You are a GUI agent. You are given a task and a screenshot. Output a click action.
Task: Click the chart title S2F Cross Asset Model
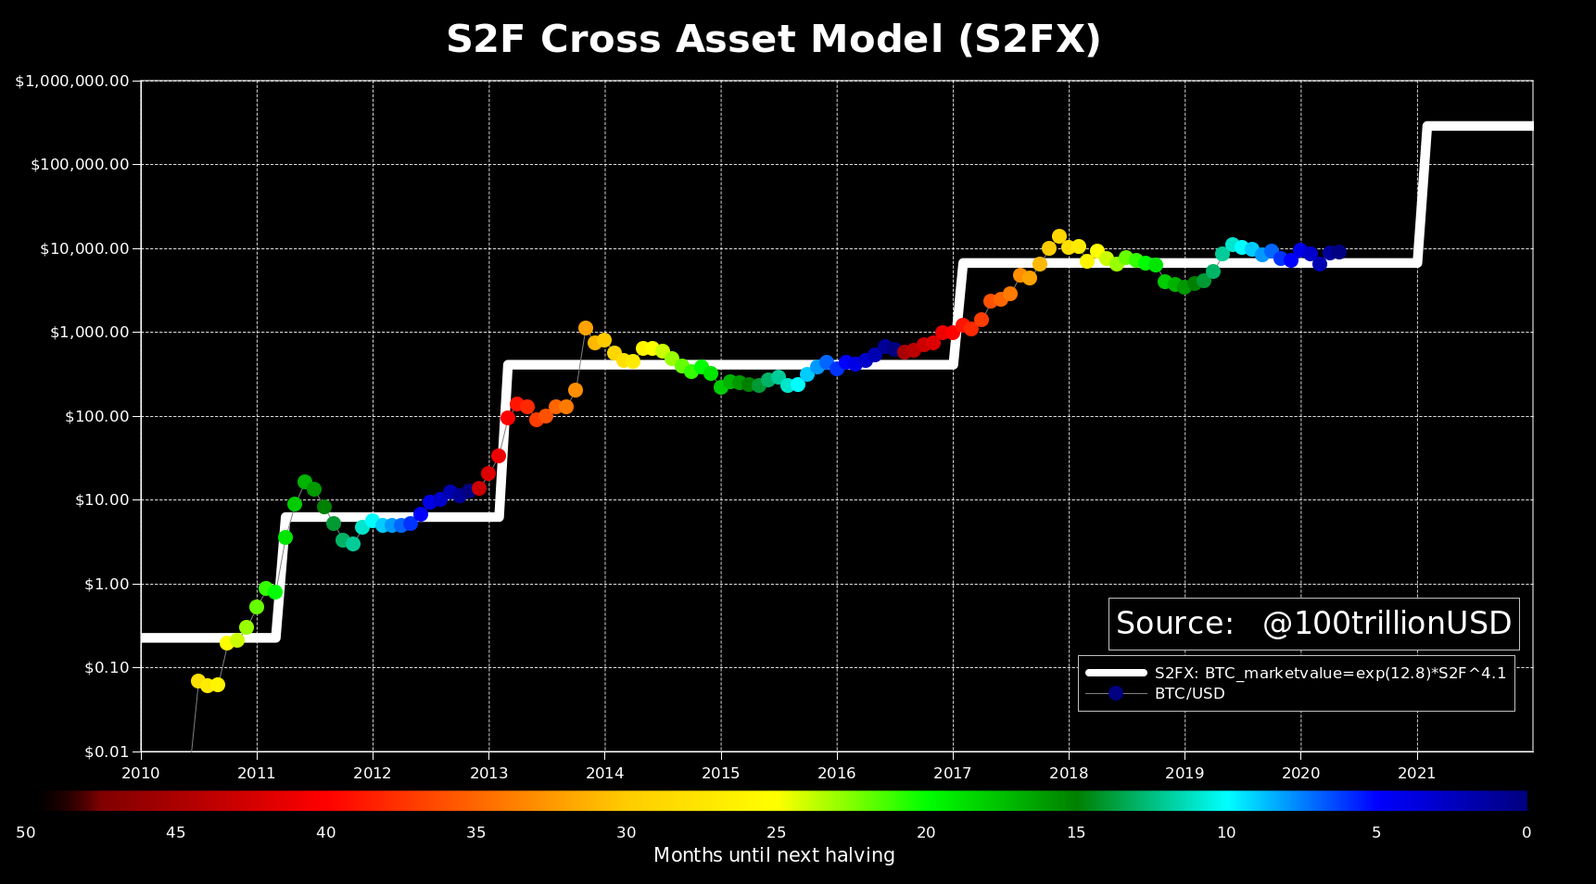(x=773, y=40)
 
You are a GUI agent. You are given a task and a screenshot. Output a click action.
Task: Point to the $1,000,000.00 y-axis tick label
(x=71, y=82)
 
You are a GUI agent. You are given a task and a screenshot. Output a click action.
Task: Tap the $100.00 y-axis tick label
(x=96, y=417)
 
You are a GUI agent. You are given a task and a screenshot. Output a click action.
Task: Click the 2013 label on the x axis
(x=488, y=773)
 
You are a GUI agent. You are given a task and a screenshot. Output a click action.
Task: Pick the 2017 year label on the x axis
(x=953, y=773)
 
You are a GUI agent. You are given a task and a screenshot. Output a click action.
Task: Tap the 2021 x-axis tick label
(x=1416, y=773)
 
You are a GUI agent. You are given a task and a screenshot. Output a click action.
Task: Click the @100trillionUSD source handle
(x=1387, y=624)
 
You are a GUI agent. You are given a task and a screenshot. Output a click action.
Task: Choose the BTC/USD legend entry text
(x=1189, y=694)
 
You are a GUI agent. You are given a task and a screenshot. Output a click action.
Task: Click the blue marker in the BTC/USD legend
(x=1116, y=693)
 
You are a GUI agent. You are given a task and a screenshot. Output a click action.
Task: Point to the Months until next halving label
(x=774, y=855)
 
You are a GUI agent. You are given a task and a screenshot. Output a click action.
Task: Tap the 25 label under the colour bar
(x=776, y=833)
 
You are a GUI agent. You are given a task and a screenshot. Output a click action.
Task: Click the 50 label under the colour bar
(x=26, y=833)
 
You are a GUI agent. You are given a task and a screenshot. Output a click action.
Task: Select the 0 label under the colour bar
(x=1526, y=833)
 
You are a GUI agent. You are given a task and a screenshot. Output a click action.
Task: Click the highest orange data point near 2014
(x=586, y=328)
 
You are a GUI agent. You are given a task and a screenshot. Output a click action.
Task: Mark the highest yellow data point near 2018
(x=1059, y=236)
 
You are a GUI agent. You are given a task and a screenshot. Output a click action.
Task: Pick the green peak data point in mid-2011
(x=305, y=482)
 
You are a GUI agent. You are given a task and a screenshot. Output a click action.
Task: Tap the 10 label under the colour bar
(x=1226, y=833)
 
